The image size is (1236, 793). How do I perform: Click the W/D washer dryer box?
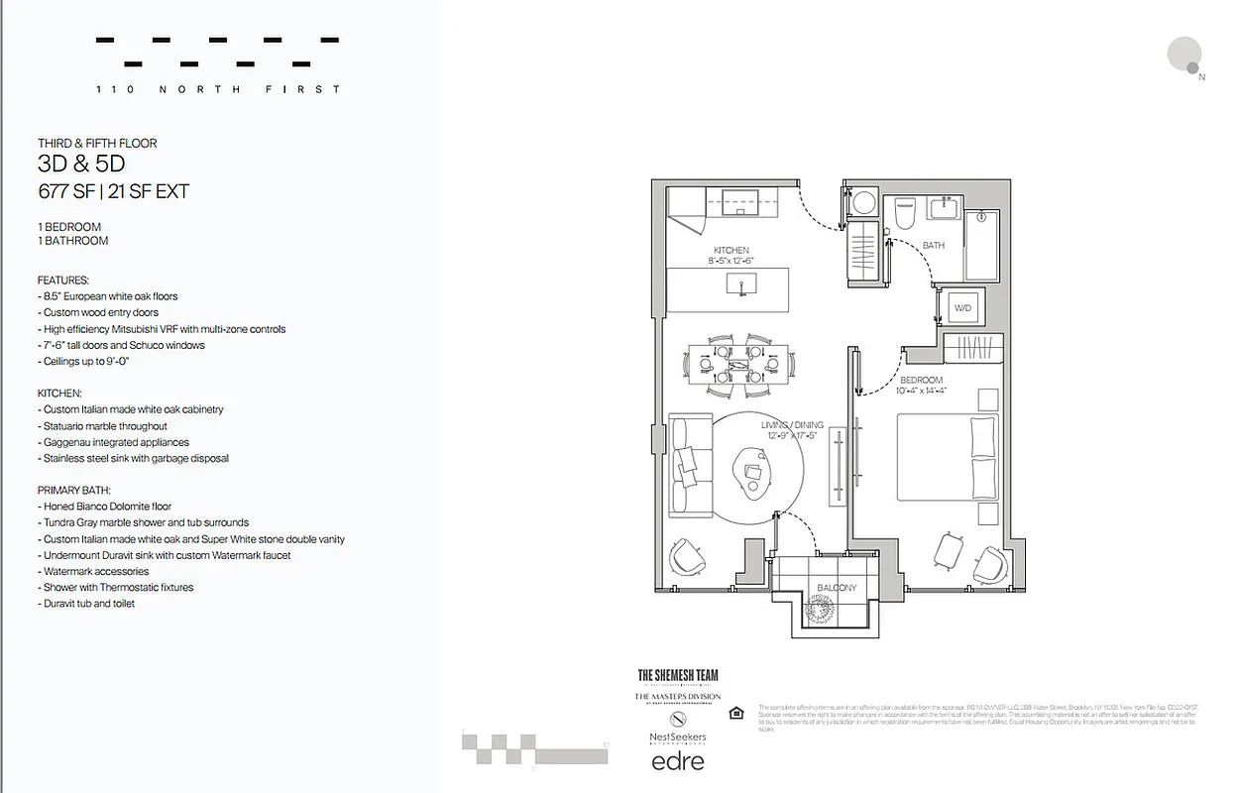click(961, 308)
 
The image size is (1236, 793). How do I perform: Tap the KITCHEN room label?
click(730, 250)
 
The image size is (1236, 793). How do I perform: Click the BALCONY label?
click(837, 588)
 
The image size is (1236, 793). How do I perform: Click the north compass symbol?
click(1183, 56)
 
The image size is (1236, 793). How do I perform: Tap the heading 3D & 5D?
click(81, 165)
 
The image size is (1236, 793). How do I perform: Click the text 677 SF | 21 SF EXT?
click(113, 191)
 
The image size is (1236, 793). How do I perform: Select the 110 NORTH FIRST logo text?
click(218, 89)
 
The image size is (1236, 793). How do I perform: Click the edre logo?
click(677, 761)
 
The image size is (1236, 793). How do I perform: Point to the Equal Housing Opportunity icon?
click(735, 713)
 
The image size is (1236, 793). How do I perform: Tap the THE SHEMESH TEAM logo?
click(678, 676)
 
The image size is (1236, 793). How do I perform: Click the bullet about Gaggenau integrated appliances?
click(114, 442)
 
